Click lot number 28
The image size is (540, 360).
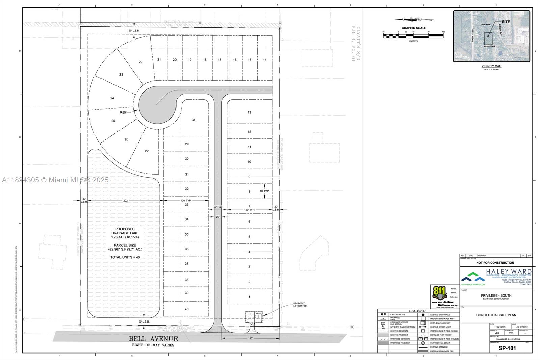tap(193, 120)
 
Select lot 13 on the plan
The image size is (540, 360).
tap(249, 112)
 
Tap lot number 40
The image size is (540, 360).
tap(187, 309)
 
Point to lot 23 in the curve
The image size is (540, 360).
tap(121, 74)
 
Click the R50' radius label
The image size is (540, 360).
tap(123, 112)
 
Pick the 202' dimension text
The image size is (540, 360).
tap(126, 201)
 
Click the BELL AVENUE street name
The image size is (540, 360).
tap(153, 339)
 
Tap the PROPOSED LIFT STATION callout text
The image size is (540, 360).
tap(300, 305)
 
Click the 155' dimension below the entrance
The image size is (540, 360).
tap(250, 338)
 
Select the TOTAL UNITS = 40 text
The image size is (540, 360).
tap(125, 257)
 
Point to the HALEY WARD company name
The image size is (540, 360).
tap(509, 271)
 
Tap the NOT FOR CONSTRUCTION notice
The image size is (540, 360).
tap(495, 263)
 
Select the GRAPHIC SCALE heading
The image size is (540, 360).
tap(413, 28)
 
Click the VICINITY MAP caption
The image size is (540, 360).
tap(491, 66)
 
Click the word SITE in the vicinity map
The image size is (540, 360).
tap(506, 22)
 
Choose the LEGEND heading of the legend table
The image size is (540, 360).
tap(417, 311)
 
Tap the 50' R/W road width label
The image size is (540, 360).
tap(218, 207)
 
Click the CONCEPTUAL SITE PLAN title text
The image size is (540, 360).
tap(496, 315)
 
